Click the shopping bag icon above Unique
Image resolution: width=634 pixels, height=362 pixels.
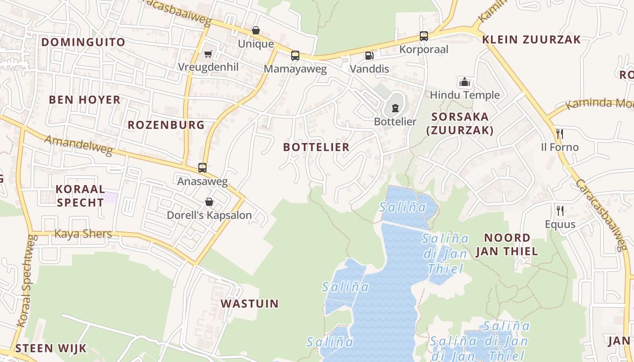(256, 30)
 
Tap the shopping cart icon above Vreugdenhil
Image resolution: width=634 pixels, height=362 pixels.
(208, 54)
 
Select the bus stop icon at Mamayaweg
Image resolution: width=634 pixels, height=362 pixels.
(295, 56)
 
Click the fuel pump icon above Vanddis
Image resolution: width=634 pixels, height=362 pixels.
(369, 56)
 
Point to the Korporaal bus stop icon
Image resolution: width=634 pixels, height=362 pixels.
(424, 36)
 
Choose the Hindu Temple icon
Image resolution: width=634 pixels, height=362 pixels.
(465, 82)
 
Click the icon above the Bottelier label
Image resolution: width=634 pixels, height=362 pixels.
(395, 108)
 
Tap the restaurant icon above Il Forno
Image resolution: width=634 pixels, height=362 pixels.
(560, 133)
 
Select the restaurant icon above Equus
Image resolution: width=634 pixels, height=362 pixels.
(560, 210)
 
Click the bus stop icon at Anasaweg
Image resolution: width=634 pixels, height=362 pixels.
(202, 168)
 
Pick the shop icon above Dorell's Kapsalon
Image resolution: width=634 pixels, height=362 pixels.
(209, 202)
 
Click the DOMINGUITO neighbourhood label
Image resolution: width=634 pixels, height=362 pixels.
(83, 42)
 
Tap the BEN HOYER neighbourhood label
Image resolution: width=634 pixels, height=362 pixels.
(85, 100)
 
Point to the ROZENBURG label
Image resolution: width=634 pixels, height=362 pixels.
(166, 125)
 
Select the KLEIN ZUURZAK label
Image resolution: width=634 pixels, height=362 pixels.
(531, 39)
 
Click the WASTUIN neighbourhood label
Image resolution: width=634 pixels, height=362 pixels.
(250, 303)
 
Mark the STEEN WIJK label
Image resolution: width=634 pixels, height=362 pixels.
(51, 348)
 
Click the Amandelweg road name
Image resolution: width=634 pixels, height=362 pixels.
(78, 145)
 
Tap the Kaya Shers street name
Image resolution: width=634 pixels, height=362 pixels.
(83, 234)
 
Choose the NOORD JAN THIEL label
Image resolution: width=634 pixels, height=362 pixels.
(507, 244)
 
